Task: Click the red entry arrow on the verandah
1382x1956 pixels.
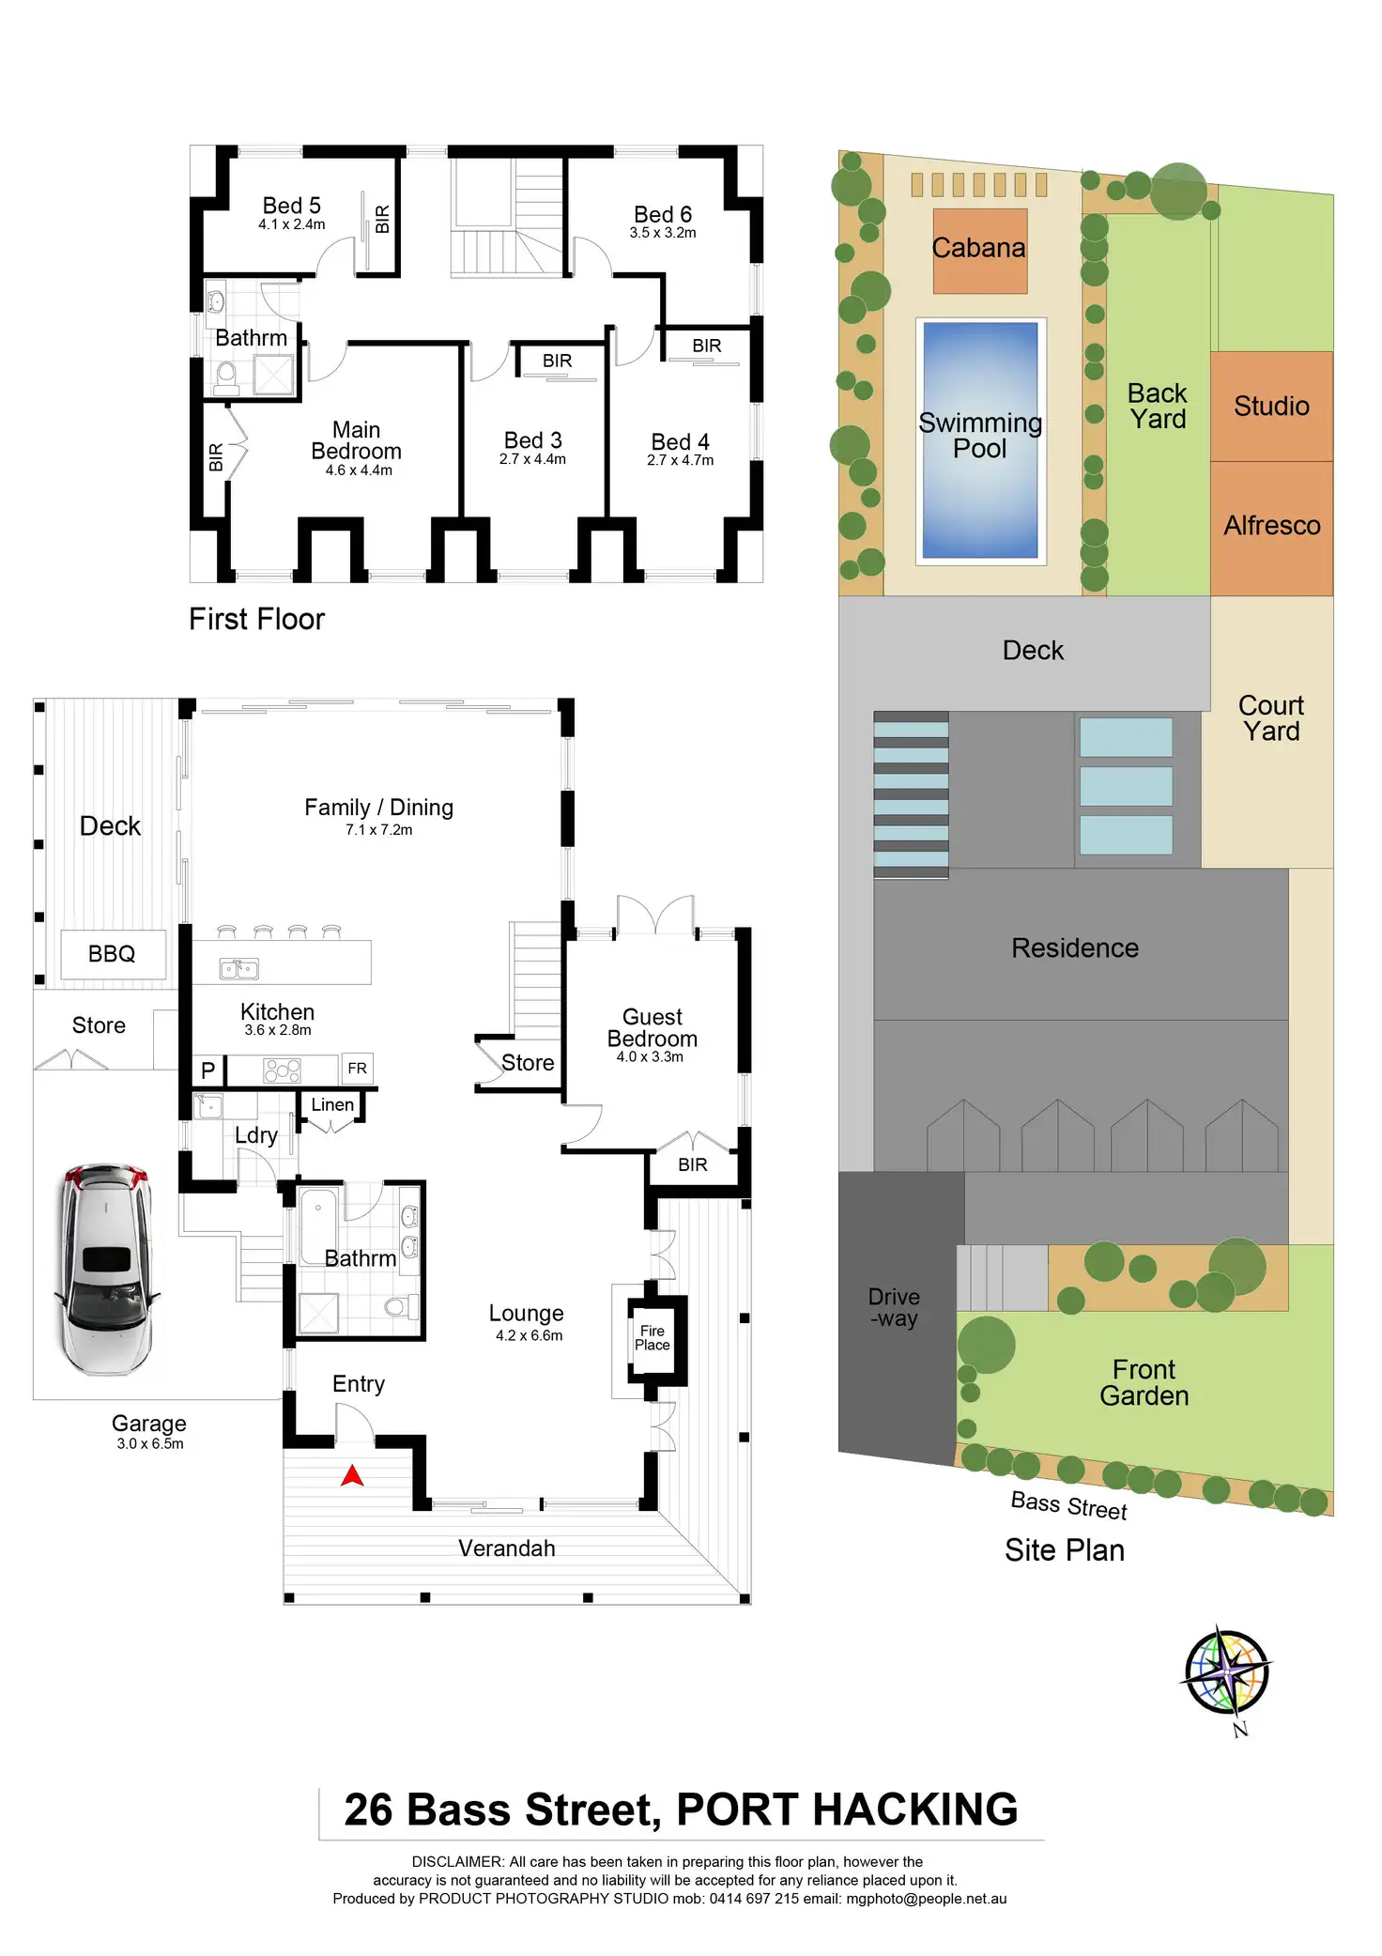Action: tap(352, 1476)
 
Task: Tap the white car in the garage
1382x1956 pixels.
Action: tap(105, 1269)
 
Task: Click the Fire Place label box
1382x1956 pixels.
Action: tap(653, 1338)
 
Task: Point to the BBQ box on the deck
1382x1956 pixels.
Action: tap(113, 954)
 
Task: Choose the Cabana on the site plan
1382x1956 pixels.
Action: tap(979, 249)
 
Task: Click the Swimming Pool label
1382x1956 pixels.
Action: tap(980, 436)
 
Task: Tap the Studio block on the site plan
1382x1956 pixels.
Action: tap(1271, 406)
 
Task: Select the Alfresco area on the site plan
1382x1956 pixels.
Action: tap(1271, 526)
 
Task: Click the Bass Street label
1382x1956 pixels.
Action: tap(1068, 1505)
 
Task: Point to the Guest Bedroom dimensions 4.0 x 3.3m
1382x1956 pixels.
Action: tap(650, 1057)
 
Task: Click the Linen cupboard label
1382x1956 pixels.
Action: tap(332, 1105)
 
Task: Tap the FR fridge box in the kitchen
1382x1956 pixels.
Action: tap(357, 1069)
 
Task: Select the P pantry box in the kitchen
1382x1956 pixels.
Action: tap(208, 1070)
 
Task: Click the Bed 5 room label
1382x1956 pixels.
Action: tap(292, 206)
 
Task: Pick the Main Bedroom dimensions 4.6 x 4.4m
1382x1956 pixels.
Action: tap(359, 470)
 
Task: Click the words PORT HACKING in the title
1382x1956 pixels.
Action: tap(847, 1810)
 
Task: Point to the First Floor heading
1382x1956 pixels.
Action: tap(256, 620)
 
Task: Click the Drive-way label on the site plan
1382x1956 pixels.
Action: tap(894, 1308)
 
